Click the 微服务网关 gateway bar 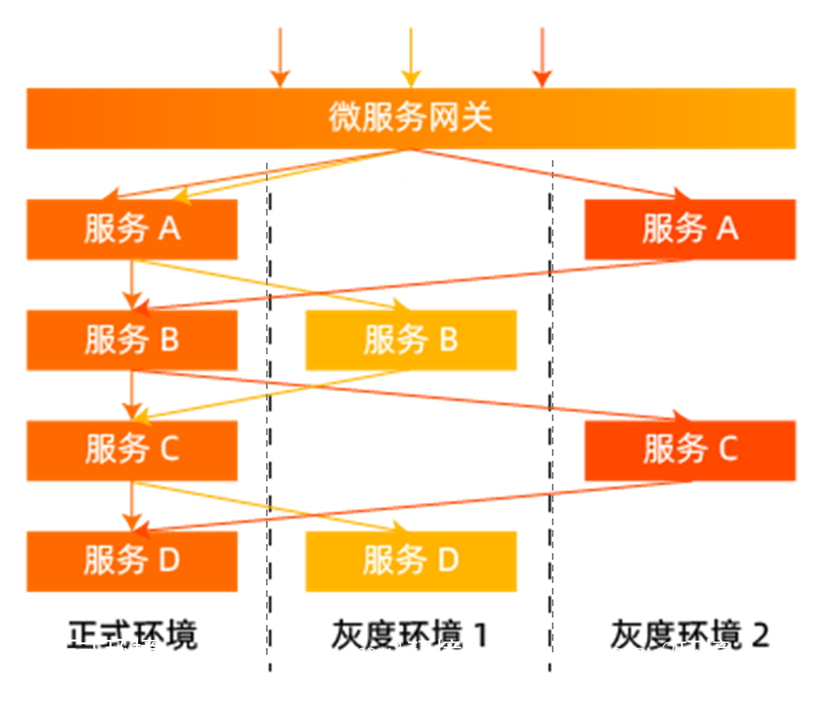pyautogui.click(x=411, y=118)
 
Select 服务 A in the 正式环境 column pyautogui.click(x=131, y=230)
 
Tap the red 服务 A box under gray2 pyautogui.click(x=690, y=230)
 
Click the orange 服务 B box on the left pyautogui.click(x=131, y=339)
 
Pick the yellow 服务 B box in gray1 pyautogui.click(x=411, y=339)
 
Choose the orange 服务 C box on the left pyautogui.click(x=131, y=450)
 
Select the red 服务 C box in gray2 pyautogui.click(x=690, y=450)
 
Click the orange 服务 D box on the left pyautogui.click(x=131, y=561)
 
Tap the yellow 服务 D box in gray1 pyautogui.click(x=411, y=561)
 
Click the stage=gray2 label pyautogui.click(x=679, y=181)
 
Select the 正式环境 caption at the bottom pyautogui.click(x=105, y=651)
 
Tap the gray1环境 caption pyautogui.click(x=401, y=653)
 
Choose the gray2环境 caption pyautogui.click(x=670, y=653)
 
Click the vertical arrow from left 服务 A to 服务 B pyautogui.click(x=130, y=285)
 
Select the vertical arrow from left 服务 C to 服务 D pyautogui.click(x=130, y=505)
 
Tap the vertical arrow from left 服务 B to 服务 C pyautogui.click(x=130, y=395)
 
